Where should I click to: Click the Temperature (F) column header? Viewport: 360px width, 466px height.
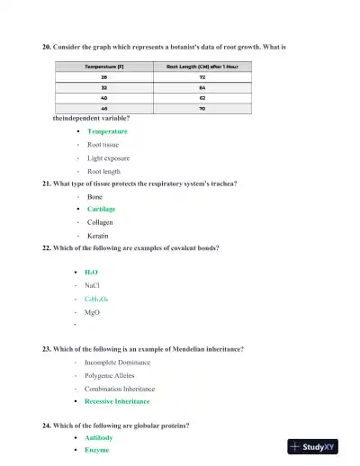click(103, 67)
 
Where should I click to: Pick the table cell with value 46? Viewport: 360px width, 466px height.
click(103, 108)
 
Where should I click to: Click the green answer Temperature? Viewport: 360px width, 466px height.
click(107, 131)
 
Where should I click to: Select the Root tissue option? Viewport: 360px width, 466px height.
click(103, 144)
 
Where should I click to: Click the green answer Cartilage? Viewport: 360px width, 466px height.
click(101, 209)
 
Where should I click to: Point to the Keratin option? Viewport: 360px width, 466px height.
click(98, 236)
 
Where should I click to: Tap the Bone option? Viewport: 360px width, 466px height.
click(94, 196)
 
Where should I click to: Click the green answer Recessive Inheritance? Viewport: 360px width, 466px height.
click(117, 401)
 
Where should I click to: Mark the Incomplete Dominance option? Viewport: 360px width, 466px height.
click(117, 363)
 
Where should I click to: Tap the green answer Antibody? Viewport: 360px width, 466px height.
click(99, 437)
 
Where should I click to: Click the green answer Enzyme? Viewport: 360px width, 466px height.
click(97, 450)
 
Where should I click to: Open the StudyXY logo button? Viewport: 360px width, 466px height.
click(318, 446)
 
